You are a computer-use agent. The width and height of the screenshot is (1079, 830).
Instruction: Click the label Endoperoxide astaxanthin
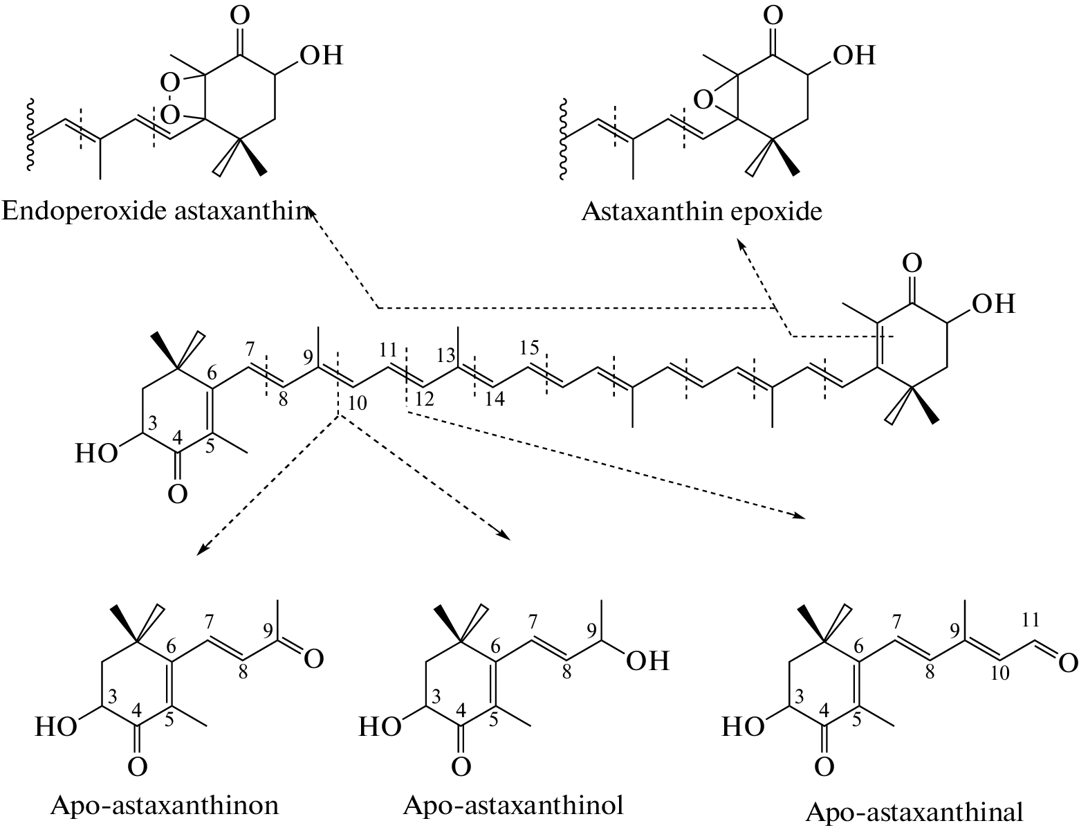click(x=154, y=210)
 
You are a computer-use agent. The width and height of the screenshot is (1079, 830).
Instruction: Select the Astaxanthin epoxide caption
click(x=701, y=210)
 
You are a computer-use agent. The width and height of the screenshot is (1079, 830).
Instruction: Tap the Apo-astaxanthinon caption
click(x=165, y=805)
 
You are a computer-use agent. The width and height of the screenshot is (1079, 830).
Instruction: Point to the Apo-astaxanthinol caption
click(x=513, y=804)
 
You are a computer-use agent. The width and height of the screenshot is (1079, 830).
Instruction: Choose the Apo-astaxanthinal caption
click(x=914, y=811)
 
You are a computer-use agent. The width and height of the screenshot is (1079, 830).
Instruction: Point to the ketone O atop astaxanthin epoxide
click(x=774, y=15)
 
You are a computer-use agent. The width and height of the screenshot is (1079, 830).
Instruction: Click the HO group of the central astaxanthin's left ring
click(x=97, y=454)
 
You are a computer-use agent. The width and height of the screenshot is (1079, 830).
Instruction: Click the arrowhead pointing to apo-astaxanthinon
click(x=201, y=551)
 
